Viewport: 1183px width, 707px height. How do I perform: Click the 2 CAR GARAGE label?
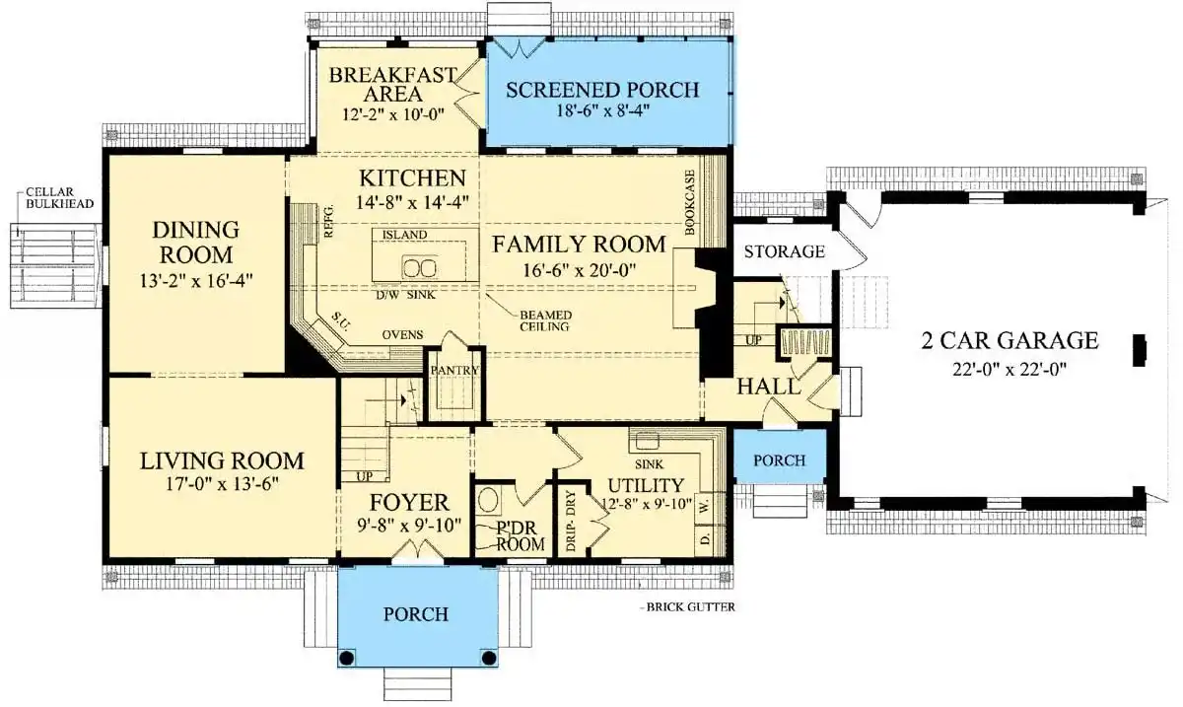[1009, 341]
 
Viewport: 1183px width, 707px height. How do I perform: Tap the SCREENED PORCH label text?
[602, 90]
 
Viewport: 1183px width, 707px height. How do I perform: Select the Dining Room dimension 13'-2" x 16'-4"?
[197, 279]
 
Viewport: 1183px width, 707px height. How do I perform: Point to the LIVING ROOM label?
[222, 460]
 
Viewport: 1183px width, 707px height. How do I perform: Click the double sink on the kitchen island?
[420, 268]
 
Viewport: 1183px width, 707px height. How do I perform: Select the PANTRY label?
[454, 371]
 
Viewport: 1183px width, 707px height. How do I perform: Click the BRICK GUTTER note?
[691, 607]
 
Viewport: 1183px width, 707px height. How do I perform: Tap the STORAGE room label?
[784, 251]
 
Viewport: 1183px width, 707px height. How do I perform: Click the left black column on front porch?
[347, 657]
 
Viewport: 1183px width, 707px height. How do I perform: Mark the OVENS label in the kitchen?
[403, 335]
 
